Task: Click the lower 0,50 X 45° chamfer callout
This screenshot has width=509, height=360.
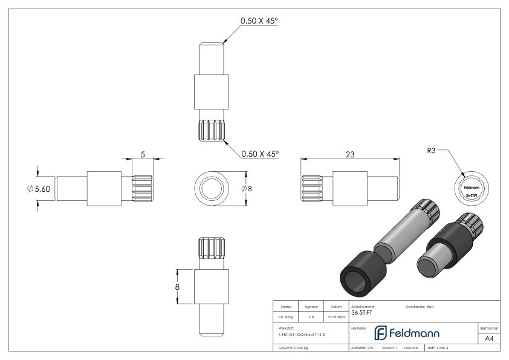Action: click(x=259, y=154)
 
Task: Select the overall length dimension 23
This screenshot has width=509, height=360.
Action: click(x=349, y=155)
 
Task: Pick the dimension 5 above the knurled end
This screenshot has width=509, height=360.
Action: click(x=143, y=154)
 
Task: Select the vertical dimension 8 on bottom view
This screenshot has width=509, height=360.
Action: click(x=177, y=287)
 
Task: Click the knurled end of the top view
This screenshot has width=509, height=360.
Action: click(x=211, y=131)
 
